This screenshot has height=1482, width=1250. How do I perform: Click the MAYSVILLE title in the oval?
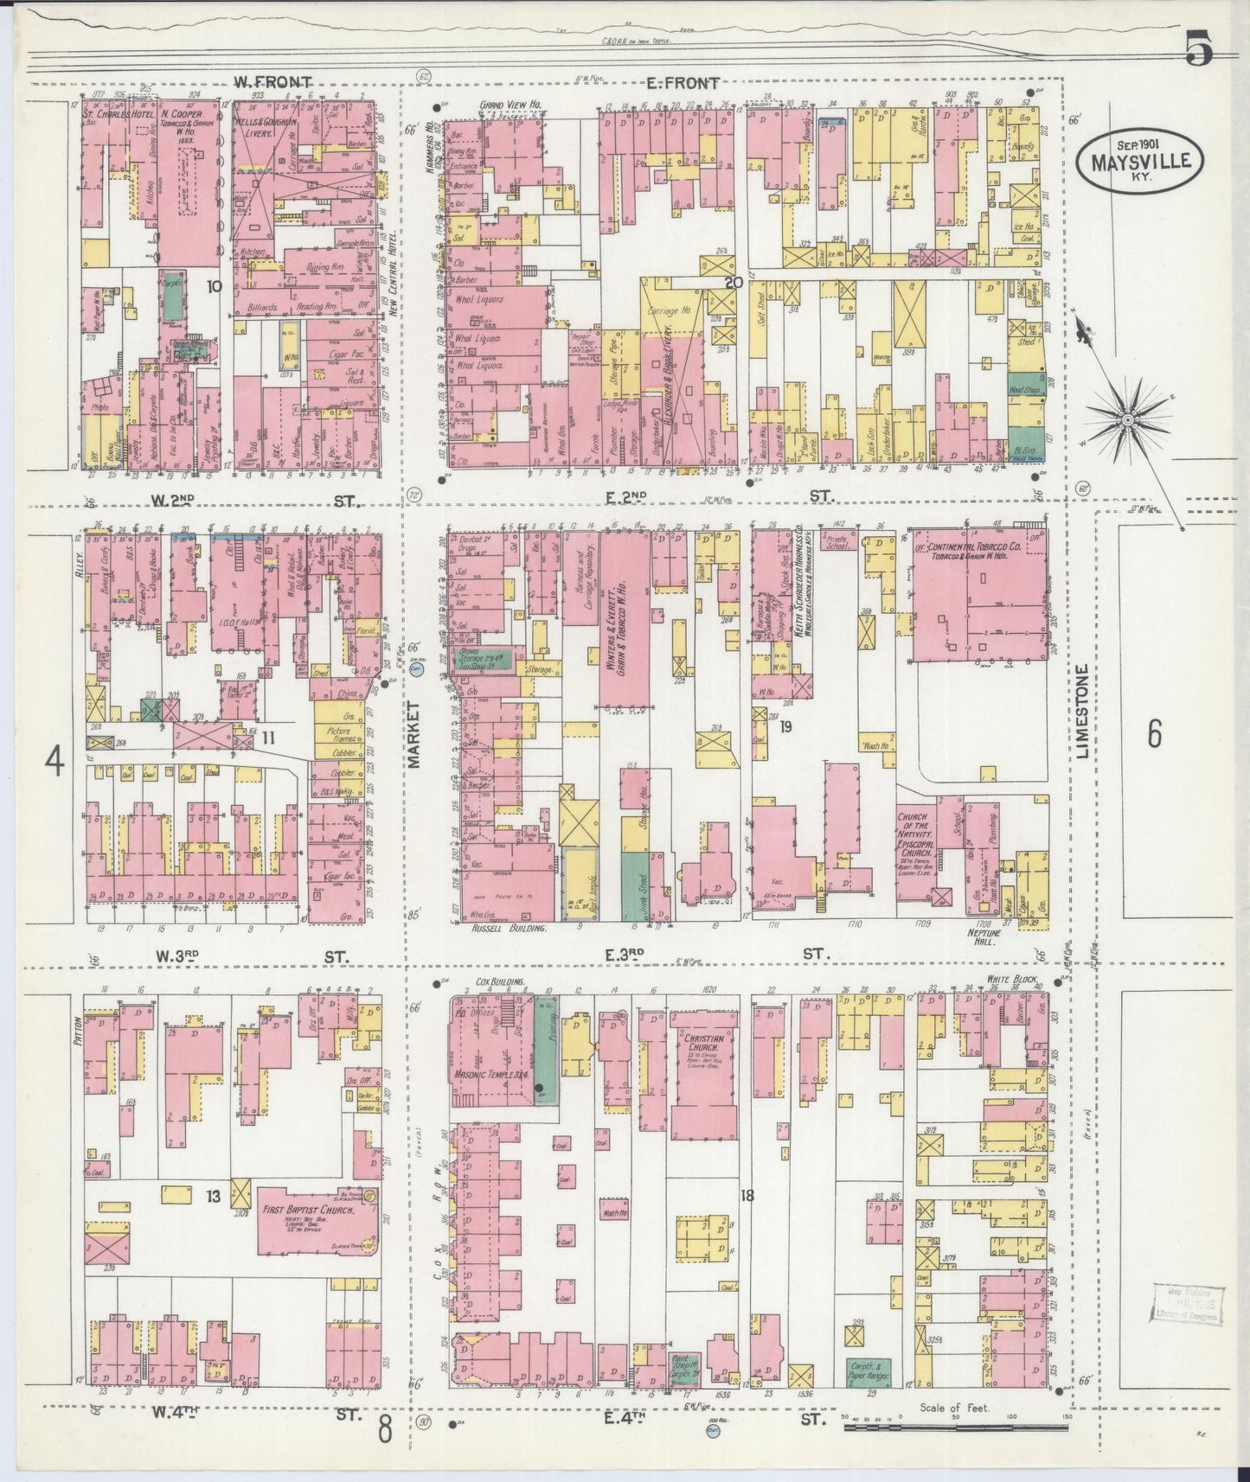click(x=1139, y=161)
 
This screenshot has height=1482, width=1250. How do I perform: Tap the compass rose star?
click(x=1127, y=420)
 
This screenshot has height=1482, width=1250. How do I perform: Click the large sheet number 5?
click(x=1200, y=49)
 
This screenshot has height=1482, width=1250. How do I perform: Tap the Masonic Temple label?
click(x=490, y=1076)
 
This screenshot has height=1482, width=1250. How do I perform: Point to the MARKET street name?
click(x=413, y=735)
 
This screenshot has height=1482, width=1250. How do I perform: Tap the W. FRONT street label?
click(x=272, y=82)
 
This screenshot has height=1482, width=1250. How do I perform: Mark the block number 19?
click(x=785, y=727)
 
